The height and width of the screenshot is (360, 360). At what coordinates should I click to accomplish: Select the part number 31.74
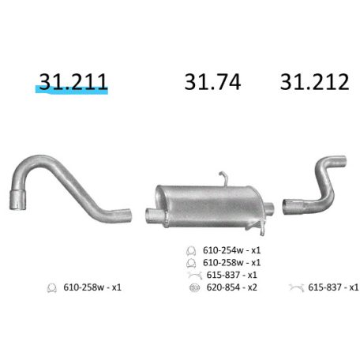tap(212, 81)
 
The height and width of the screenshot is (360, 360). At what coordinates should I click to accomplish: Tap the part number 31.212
tap(314, 81)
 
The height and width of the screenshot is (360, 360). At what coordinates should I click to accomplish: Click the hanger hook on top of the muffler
tap(223, 178)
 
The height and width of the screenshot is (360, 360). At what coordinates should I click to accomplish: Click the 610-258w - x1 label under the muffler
tap(231, 262)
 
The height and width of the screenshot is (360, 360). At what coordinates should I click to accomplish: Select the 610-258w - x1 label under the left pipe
tap(92, 287)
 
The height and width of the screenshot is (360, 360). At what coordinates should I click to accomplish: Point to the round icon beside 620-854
tap(192, 287)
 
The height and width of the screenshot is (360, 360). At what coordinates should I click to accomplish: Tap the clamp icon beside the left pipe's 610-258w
tap(52, 287)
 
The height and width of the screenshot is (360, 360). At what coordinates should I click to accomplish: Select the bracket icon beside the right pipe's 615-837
tap(296, 287)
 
